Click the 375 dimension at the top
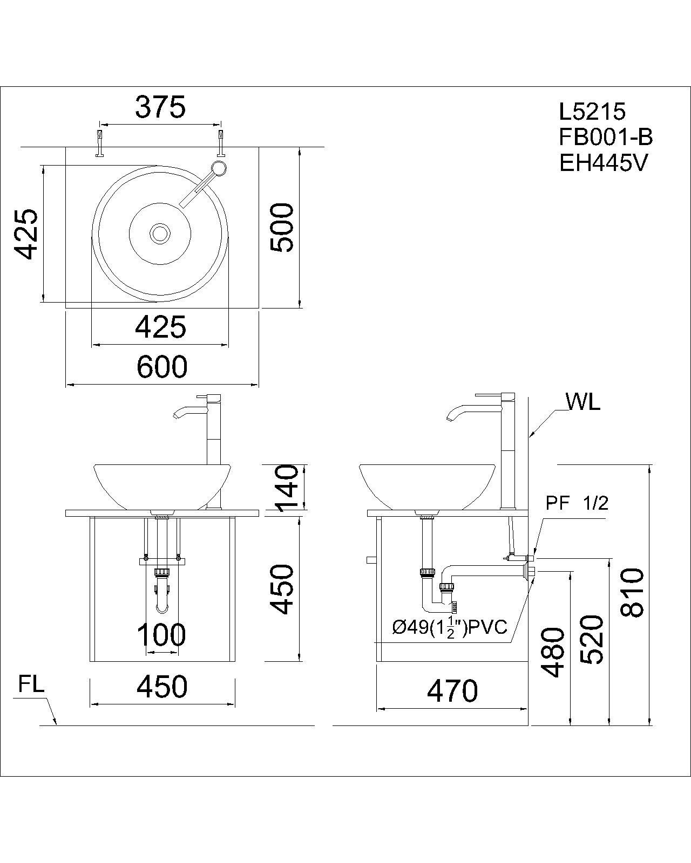tap(160, 107)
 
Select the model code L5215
tap(592, 112)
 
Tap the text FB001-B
tap(606, 138)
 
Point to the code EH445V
tap(602, 163)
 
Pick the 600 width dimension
tap(161, 367)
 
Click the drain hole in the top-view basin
tap(160, 234)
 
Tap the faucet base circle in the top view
tap(219, 167)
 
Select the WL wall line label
tap(583, 402)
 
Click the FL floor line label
tap(31, 684)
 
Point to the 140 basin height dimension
tap(286, 488)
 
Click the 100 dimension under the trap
tap(161, 635)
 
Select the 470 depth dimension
tap(452, 691)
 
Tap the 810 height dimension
tap(632, 592)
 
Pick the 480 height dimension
tap(553, 652)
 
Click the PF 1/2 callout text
tap(577, 503)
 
